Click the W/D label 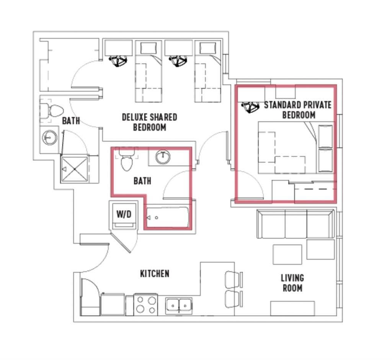tap(124, 214)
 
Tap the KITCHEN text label tap(154, 274)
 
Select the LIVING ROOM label tap(292, 283)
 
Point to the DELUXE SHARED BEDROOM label tap(149, 122)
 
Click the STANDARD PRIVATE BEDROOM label tap(298, 110)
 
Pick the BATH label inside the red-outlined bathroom tap(142, 181)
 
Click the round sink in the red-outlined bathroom tap(163, 157)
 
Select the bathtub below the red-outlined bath tap(167, 218)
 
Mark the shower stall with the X tap(75, 169)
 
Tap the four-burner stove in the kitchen tap(146, 305)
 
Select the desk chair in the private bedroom tap(250, 107)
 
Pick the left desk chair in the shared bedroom tap(118, 61)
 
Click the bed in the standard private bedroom tap(295, 147)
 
